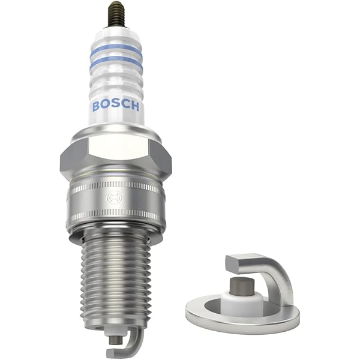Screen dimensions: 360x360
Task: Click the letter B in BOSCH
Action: [96, 106]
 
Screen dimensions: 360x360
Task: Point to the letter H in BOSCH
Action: [135, 107]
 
